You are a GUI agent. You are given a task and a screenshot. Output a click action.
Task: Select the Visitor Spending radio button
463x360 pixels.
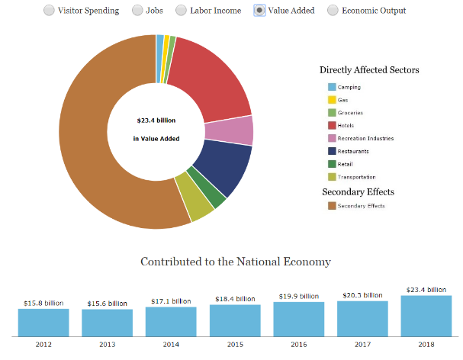click(49, 11)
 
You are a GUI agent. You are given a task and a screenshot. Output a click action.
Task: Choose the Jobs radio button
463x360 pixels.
click(137, 11)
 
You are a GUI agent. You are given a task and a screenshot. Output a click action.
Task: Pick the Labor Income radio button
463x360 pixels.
click(182, 11)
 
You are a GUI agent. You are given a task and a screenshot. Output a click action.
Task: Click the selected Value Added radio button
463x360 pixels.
click(259, 11)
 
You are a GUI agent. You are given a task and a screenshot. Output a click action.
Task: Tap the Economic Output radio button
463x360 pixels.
click(333, 11)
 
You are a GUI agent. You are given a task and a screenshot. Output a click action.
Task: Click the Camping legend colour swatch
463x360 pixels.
click(332, 87)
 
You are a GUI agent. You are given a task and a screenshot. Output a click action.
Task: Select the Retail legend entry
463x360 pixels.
click(346, 164)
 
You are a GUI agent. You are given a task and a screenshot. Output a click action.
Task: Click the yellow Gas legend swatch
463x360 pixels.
click(332, 100)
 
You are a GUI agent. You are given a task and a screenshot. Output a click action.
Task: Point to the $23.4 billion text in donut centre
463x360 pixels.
click(156, 121)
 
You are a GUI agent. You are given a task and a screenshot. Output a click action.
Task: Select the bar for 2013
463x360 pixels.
click(108, 323)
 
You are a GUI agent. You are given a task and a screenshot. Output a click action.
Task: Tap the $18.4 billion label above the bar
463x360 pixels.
click(235, 299)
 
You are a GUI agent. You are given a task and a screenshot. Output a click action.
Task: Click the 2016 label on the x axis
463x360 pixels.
click(299, 344)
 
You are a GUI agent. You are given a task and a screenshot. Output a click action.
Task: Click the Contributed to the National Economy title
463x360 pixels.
click(236, 262)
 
